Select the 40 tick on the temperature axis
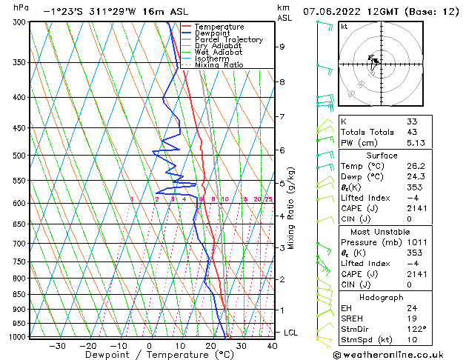(272, 345)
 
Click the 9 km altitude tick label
(282, 47)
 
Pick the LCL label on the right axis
(291, 333)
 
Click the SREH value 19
(411, 319)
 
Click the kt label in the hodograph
(344, 27)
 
